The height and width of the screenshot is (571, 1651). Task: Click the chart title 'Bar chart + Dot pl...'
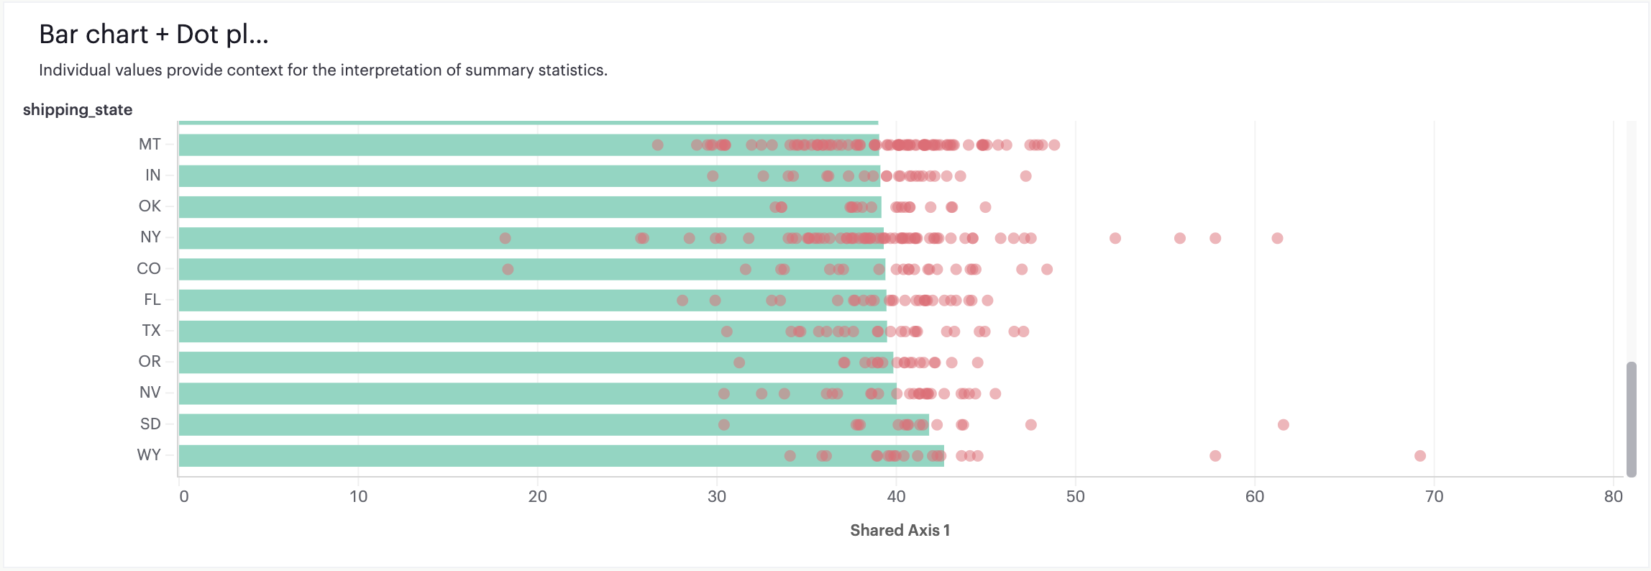point(154,35)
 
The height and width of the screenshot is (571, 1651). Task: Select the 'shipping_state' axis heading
point(78,109)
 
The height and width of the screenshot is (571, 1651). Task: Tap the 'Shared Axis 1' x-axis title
point(900,530)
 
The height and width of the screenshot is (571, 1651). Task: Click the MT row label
point(150,145)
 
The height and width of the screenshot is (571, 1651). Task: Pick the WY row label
point(149,455)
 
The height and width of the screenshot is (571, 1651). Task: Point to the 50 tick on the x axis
point(1075,496)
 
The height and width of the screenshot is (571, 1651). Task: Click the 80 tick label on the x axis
point(1613,496)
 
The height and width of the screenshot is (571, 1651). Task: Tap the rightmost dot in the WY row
point(1419,456)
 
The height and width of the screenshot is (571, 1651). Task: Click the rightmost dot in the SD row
point(1283,425)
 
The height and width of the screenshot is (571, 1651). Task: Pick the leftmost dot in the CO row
point(508,269)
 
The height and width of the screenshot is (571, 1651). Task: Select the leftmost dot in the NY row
point(505,238)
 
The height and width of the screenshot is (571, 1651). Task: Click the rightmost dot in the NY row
point(1277,238)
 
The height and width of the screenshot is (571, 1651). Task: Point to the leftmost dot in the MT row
point(657,145)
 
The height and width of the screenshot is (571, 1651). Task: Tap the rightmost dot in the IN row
point(1025,176)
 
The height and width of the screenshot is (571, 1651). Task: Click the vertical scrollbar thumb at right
point(1632,419)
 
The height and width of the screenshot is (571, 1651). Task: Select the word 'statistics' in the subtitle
point(571,70)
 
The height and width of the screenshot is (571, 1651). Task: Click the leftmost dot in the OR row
point(738,362)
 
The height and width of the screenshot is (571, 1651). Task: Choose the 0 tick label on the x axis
point(184,496)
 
